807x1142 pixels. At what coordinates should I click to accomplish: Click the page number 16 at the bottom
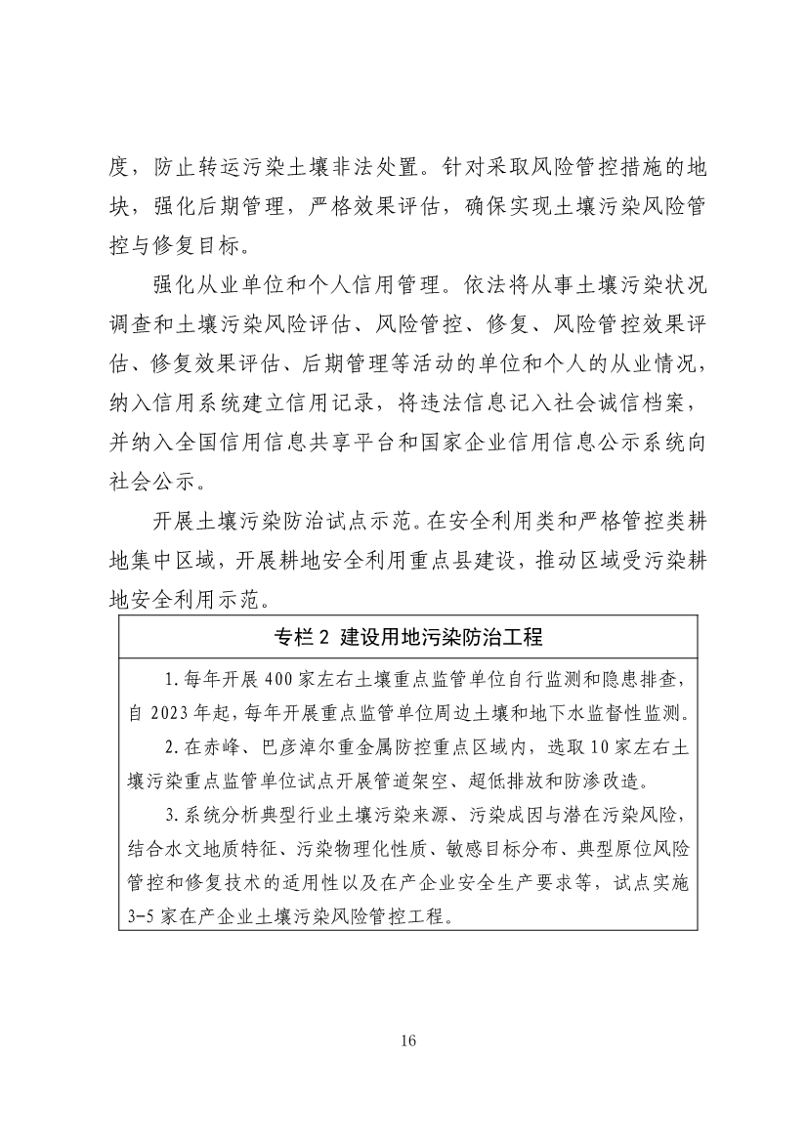click(408, 1040)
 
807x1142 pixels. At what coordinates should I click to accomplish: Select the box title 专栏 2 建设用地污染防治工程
click(408, 637)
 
